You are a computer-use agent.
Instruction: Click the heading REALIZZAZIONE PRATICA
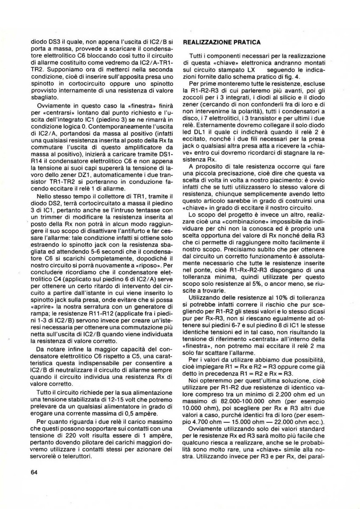point(221,43)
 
